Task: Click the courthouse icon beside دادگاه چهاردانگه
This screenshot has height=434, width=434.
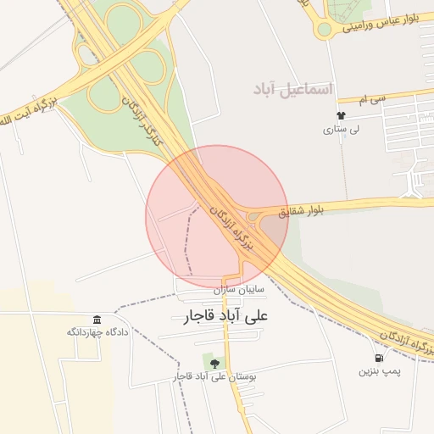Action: (97, 319)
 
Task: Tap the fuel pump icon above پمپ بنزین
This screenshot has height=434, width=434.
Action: (378, 358)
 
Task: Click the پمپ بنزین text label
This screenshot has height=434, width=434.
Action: (378, 371)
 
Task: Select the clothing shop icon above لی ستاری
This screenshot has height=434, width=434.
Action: (342, 116)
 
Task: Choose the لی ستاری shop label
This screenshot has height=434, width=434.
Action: (342, 130)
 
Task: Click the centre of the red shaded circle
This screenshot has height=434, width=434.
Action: (218, 216)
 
